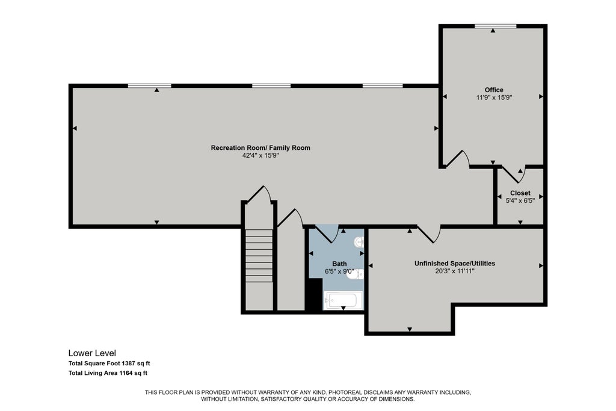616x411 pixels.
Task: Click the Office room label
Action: [494, 90]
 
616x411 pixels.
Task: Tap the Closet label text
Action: [520, 193]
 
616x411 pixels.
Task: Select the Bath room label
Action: [339, 264]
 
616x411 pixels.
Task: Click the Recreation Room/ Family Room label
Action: [260, 148]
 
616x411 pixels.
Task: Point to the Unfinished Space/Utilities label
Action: [455, 263]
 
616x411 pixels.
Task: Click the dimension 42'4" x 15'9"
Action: [260, 156]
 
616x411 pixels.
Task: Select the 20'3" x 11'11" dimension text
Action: [455, 271]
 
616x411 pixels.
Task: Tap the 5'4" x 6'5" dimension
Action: [520, 200]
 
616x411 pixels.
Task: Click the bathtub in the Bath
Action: [341, 301]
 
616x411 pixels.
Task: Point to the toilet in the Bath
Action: [355, 274]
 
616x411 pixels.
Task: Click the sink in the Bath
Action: [359, 242]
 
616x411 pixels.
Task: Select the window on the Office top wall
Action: [496, 26]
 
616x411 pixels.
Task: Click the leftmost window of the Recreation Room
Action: [150, 85]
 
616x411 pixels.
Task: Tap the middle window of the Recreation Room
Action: [271, 85]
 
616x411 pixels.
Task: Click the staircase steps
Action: [259, 256]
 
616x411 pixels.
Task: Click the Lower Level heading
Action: [92, 353]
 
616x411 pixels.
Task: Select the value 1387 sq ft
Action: [136, 363]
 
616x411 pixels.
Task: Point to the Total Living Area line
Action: [108, 373]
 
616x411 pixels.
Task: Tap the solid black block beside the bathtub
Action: [315, 294]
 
